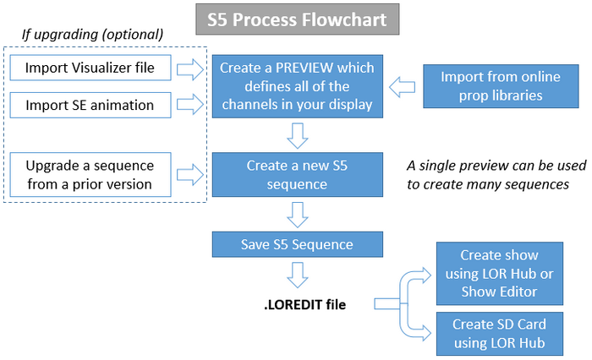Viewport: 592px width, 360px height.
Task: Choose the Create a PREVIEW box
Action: tap(297, 85)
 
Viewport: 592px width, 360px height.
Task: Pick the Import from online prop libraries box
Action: tap(491, 85)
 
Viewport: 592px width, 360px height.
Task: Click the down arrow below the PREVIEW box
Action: tap(297, 135)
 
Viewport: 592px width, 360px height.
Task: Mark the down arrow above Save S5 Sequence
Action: tap(297, 215)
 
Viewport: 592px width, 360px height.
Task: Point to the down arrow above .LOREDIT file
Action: tap(297, 273)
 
